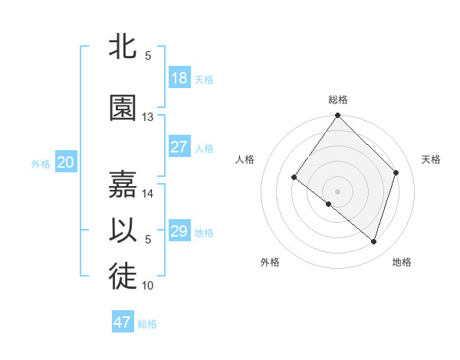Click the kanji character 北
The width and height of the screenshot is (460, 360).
(123, 47)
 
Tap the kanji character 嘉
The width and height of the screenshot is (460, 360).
(123, 184)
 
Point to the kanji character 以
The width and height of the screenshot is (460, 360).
(123, 231)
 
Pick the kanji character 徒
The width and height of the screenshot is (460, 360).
(123, 278)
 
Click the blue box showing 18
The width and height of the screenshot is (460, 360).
(179, 78)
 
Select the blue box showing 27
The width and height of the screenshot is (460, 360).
(179, 147)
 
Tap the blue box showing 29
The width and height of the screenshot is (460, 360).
(179, 231)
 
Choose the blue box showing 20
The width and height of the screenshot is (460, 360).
(66, 162)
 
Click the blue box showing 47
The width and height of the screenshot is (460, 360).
(123, 322)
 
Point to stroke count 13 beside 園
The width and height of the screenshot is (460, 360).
(148, 117)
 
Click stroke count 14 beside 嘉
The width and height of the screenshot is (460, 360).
(148, 194)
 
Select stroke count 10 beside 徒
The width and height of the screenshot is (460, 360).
(148, 286)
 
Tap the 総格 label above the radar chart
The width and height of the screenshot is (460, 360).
(338, 100)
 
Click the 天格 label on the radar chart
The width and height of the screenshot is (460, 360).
(432, 159)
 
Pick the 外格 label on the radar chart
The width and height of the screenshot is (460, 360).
(270, 262)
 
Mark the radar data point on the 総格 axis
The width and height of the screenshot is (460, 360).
(338, 116)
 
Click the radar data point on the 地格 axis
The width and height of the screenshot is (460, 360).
(374, 241)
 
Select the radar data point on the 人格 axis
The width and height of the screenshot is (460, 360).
(294, 178)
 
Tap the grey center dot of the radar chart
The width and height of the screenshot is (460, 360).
(338, 191)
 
